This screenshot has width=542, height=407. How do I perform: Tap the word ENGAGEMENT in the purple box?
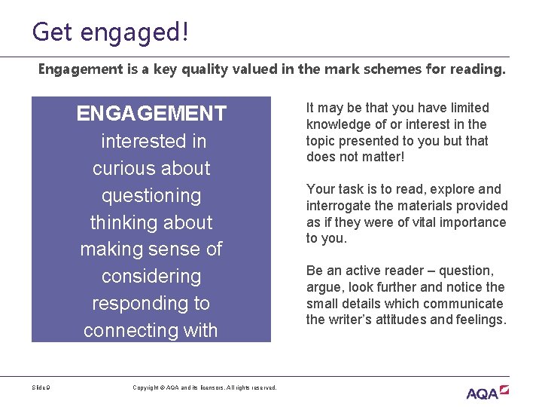pos(151,114)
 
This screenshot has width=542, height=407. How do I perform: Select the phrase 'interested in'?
pos(154,141)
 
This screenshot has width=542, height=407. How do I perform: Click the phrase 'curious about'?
pos(151,168)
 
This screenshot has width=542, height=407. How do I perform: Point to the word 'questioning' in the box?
pos(151,196)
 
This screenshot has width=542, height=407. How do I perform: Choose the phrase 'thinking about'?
pos(151,222)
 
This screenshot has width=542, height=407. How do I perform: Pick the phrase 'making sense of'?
pos(151,249)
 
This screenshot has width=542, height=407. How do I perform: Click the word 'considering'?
pos(151,276)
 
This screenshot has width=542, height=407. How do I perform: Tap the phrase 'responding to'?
pos(151,303)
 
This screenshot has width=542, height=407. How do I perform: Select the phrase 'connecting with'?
pos(151,330)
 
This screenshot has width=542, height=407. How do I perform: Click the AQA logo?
pos(487,392)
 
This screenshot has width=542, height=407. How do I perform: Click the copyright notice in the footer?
pos(205,387)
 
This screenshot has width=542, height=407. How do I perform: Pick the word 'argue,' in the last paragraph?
pos(324,287)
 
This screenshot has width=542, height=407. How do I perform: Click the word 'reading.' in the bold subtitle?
pos(480,69)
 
